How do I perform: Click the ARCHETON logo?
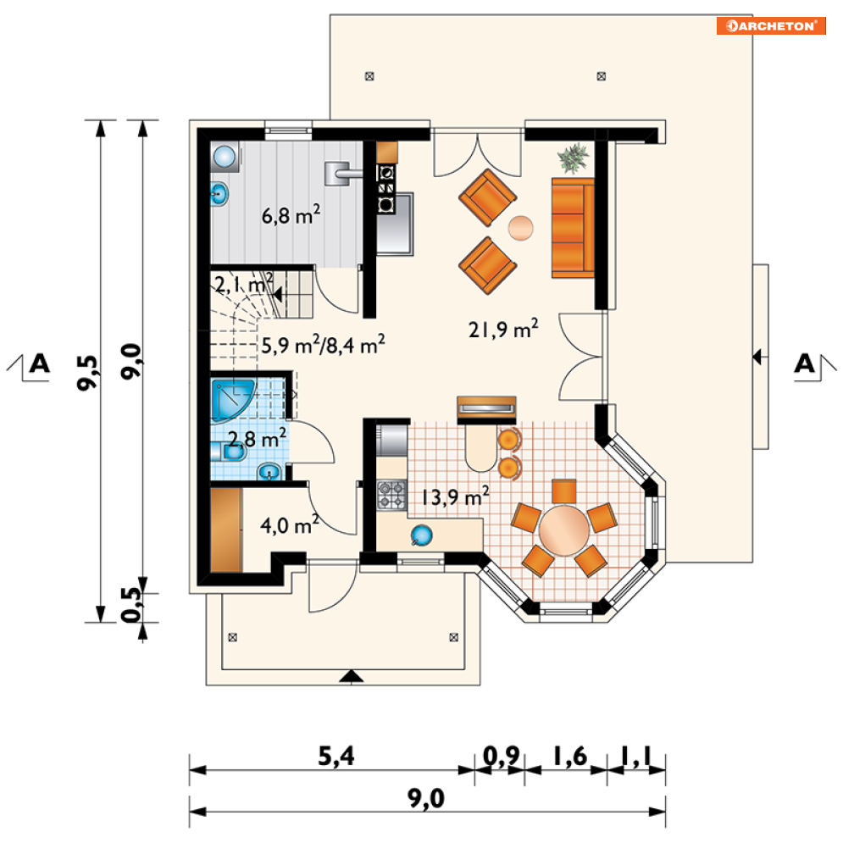pos(770,25)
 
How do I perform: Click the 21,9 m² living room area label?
pos(503,329)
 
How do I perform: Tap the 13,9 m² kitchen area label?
pos(455,496)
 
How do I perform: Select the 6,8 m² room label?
pos(291,214)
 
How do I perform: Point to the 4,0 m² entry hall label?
pos(289,524)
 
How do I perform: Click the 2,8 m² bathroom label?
pos(257,439)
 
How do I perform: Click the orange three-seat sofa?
pos(573,228)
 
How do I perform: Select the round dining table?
pos(564,530)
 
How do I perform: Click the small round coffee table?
pos(520,228)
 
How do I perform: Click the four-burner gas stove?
pos(391,495)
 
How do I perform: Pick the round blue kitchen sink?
pos(422,535)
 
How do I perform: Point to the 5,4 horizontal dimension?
pos(336,757)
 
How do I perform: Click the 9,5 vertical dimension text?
pos(88,371)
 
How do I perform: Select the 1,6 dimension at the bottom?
pos(570,756)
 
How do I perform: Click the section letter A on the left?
pos(39,363)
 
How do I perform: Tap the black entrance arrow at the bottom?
pos(351,676)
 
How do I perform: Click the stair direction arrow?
pos(277,295)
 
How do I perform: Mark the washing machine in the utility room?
pos(225,157)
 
